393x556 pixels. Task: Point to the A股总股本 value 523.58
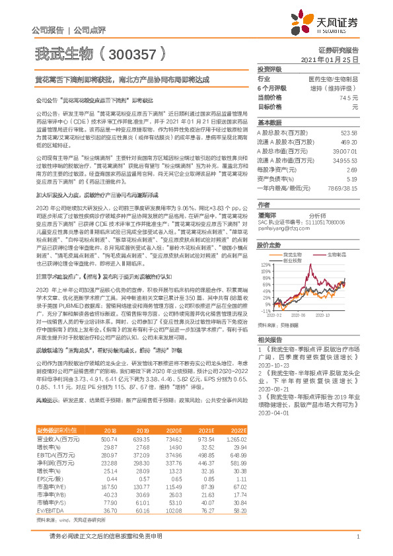(x=348, y=133)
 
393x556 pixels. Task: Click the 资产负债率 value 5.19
(x=351, y=178)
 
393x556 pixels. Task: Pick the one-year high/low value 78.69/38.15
(x=343, y=188)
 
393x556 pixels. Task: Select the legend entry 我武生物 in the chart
(x=291, y=254)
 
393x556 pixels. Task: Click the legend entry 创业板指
(x=291, y=260)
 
